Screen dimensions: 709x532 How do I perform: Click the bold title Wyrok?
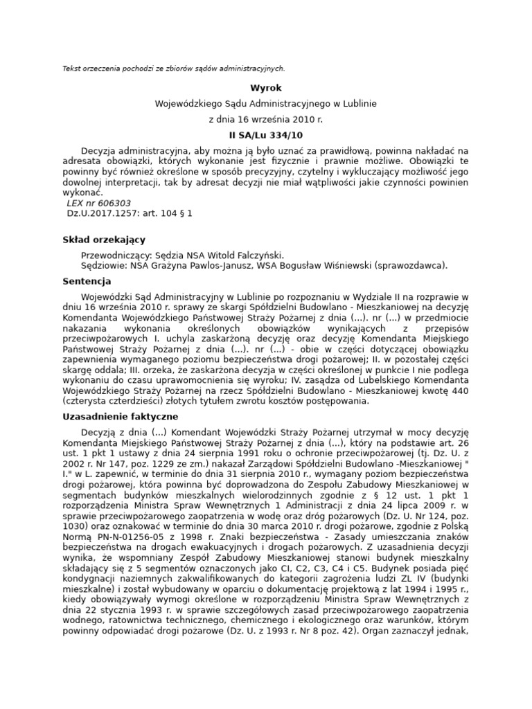pyautogui.click(x=266, y=88)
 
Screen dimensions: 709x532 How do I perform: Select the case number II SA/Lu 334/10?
pyautogui.click(x=266, y=135)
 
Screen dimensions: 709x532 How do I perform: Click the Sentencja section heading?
pyautogui.click(x=87, y=282)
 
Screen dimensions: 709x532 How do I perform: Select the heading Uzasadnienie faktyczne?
pyautogui.click(x=121, y=417)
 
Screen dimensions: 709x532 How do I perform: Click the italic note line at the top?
pyautogui.click(x=173, y=69)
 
